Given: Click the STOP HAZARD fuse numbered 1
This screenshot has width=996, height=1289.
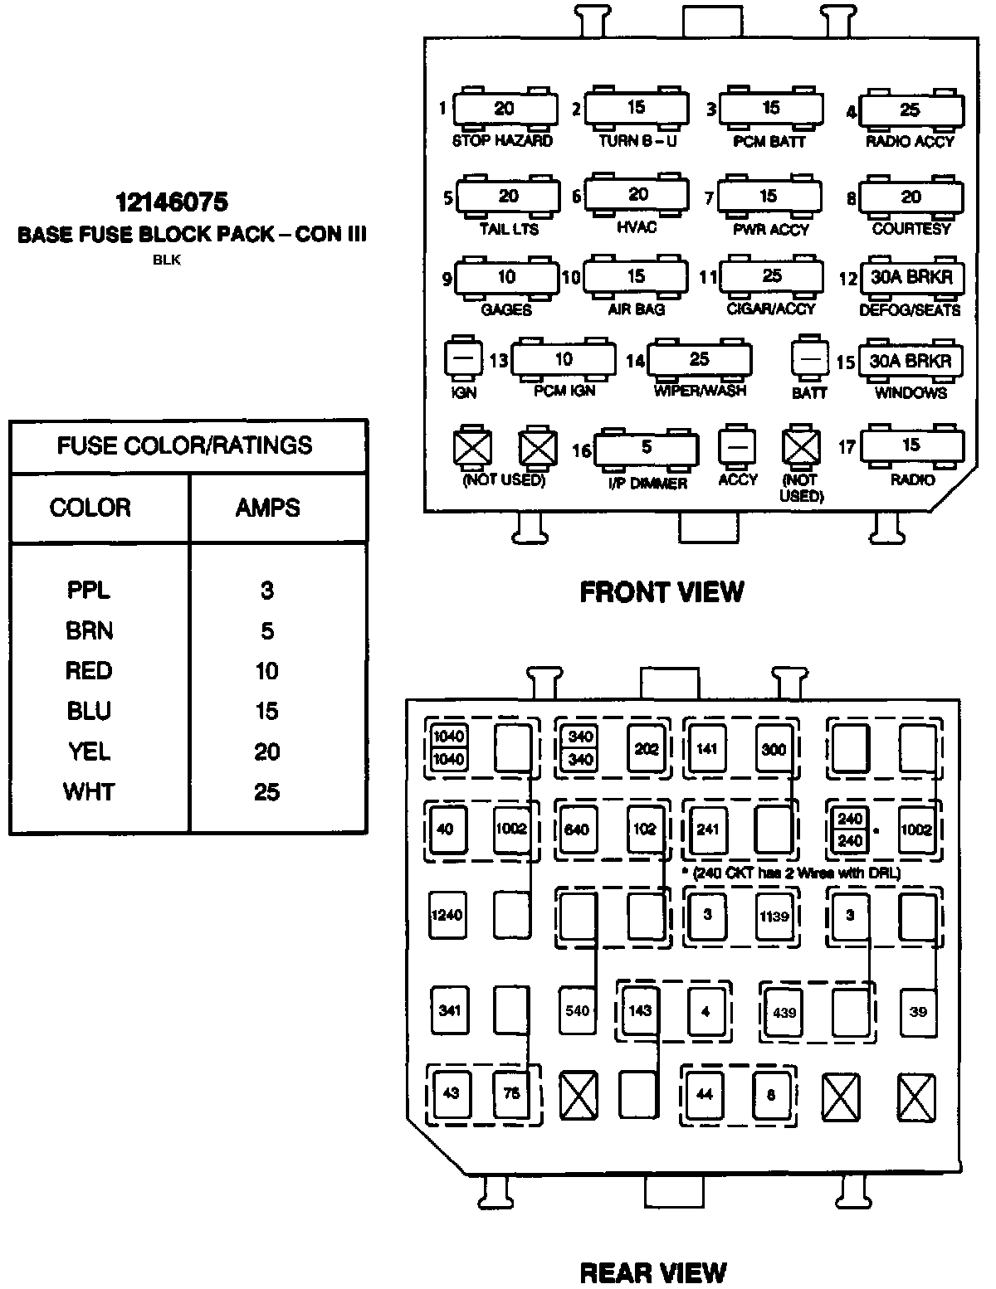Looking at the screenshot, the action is [504, 109].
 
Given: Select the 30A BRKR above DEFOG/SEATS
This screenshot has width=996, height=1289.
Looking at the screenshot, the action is [911, 278].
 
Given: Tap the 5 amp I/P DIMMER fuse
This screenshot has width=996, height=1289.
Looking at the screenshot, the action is [647, 448].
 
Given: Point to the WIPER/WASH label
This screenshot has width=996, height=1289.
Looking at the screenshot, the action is [700, 391].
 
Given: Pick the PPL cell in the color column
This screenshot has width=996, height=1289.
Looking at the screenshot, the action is [89, 591].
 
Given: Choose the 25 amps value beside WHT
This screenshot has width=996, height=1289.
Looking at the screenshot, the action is [266, 792].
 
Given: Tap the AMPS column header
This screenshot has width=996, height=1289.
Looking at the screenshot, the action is [267, 508].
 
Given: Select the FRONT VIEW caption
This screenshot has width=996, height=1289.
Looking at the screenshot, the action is [662, 592].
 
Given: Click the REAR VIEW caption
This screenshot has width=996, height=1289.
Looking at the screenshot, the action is [652, 1273].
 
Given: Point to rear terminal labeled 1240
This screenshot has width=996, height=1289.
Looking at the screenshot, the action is [447, 915].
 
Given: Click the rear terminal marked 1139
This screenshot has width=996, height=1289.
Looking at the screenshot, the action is [774, 917].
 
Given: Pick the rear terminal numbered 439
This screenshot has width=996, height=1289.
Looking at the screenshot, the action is [784, 1012].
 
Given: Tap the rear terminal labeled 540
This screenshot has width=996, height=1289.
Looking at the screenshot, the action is [577, 1010].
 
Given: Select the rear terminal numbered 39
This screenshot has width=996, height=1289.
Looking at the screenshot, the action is [918, 1012].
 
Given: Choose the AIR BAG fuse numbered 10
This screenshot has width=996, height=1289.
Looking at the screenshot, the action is [636, 276].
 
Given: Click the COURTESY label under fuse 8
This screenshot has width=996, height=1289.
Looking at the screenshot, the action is [911, 229].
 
